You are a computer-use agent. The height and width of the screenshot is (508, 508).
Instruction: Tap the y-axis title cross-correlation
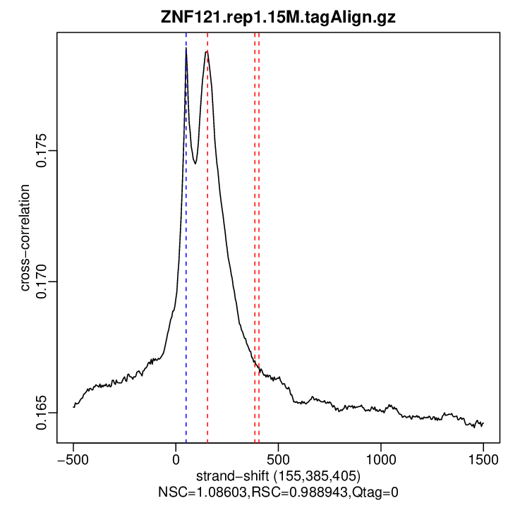pos(25,238)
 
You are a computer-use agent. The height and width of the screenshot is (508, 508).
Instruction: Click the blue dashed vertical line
pos(186,282)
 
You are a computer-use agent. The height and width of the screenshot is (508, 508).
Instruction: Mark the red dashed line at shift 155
pos(207,282)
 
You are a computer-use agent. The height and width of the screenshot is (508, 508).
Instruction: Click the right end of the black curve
pos(483,423)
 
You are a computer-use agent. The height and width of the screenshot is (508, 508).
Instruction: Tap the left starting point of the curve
pos(73,406)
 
